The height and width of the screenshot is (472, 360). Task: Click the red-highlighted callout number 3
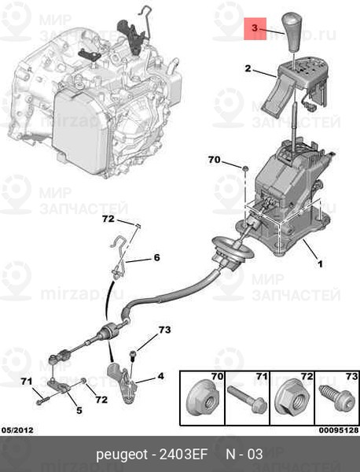click(x=255, y=28)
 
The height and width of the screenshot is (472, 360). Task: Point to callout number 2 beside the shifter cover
click(x=248, y=69)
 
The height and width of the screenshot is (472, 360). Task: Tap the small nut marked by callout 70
click(x=244, y=169)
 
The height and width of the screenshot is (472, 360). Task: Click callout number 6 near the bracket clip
click(x=156, y=257)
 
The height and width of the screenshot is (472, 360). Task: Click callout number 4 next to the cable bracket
click(x=160, y=376)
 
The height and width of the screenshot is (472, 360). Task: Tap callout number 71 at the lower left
click(x=26, y=382)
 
